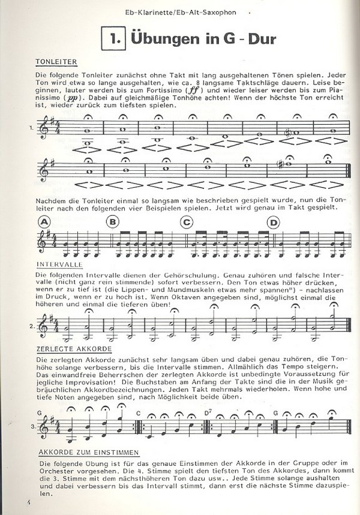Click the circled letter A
(44, 222)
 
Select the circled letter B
(112, 222)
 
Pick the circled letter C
(188, 222)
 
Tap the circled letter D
(274, 222)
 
